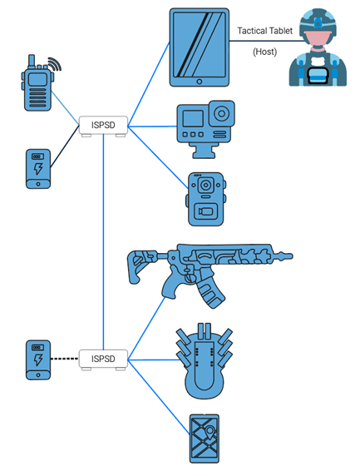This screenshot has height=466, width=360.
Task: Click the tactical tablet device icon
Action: pyautogui.click(x=200, y=47)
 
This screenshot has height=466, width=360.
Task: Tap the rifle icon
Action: pyautogui.click(x=208, y=270)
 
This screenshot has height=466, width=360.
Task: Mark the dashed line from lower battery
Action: pyautogui.click(x=65, y=359)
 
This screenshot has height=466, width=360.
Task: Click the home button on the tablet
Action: pyautogui.click(x=200, y=82)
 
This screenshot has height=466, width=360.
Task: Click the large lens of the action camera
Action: pyautogui.click(x=222, y=114)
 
